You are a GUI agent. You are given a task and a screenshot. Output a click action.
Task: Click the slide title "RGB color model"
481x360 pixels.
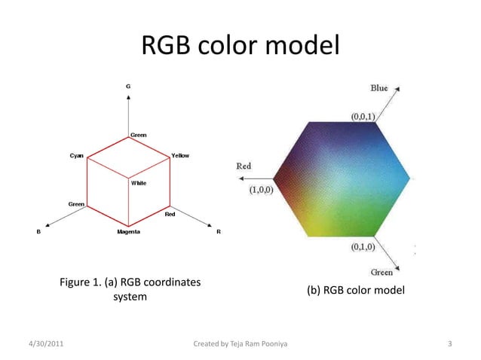(240, 47)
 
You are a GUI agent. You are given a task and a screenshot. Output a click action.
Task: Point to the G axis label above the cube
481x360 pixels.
(128, 87)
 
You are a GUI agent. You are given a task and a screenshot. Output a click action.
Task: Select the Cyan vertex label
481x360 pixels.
(77, 155)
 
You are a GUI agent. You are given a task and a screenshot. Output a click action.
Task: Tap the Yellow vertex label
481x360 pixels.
(180, 155)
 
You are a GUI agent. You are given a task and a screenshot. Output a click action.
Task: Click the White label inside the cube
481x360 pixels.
(139, 183)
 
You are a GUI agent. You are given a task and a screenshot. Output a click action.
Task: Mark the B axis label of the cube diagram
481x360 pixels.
(38, 232)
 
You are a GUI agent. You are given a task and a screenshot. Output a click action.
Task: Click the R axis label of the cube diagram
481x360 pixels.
(219, 232)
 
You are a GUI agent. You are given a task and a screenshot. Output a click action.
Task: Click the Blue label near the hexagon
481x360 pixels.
(379, 88)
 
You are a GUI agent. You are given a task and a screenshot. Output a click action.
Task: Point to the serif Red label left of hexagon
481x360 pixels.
(244, 166)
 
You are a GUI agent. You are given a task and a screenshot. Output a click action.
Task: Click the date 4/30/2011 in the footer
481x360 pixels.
(44, 345)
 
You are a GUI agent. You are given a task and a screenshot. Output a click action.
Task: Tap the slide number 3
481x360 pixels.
(449, 345)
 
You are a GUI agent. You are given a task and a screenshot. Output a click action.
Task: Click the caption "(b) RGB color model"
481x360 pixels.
(355, 290)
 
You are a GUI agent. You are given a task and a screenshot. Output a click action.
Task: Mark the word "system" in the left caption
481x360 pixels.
(130, 297)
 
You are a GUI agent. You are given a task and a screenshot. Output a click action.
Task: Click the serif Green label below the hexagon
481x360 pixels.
(380, 272)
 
